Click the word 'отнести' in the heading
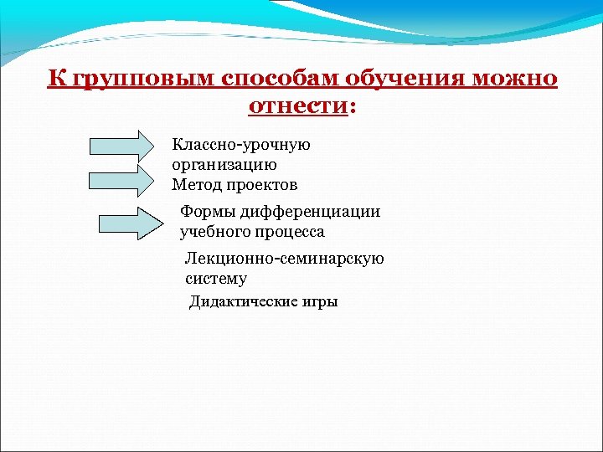tap(297, 106)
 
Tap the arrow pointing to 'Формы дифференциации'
tap(130, 223)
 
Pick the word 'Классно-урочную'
tap(241, 145)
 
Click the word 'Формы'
tap(205, 212)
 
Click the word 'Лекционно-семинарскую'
tap(284, 259)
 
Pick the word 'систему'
tap(215, 279)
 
